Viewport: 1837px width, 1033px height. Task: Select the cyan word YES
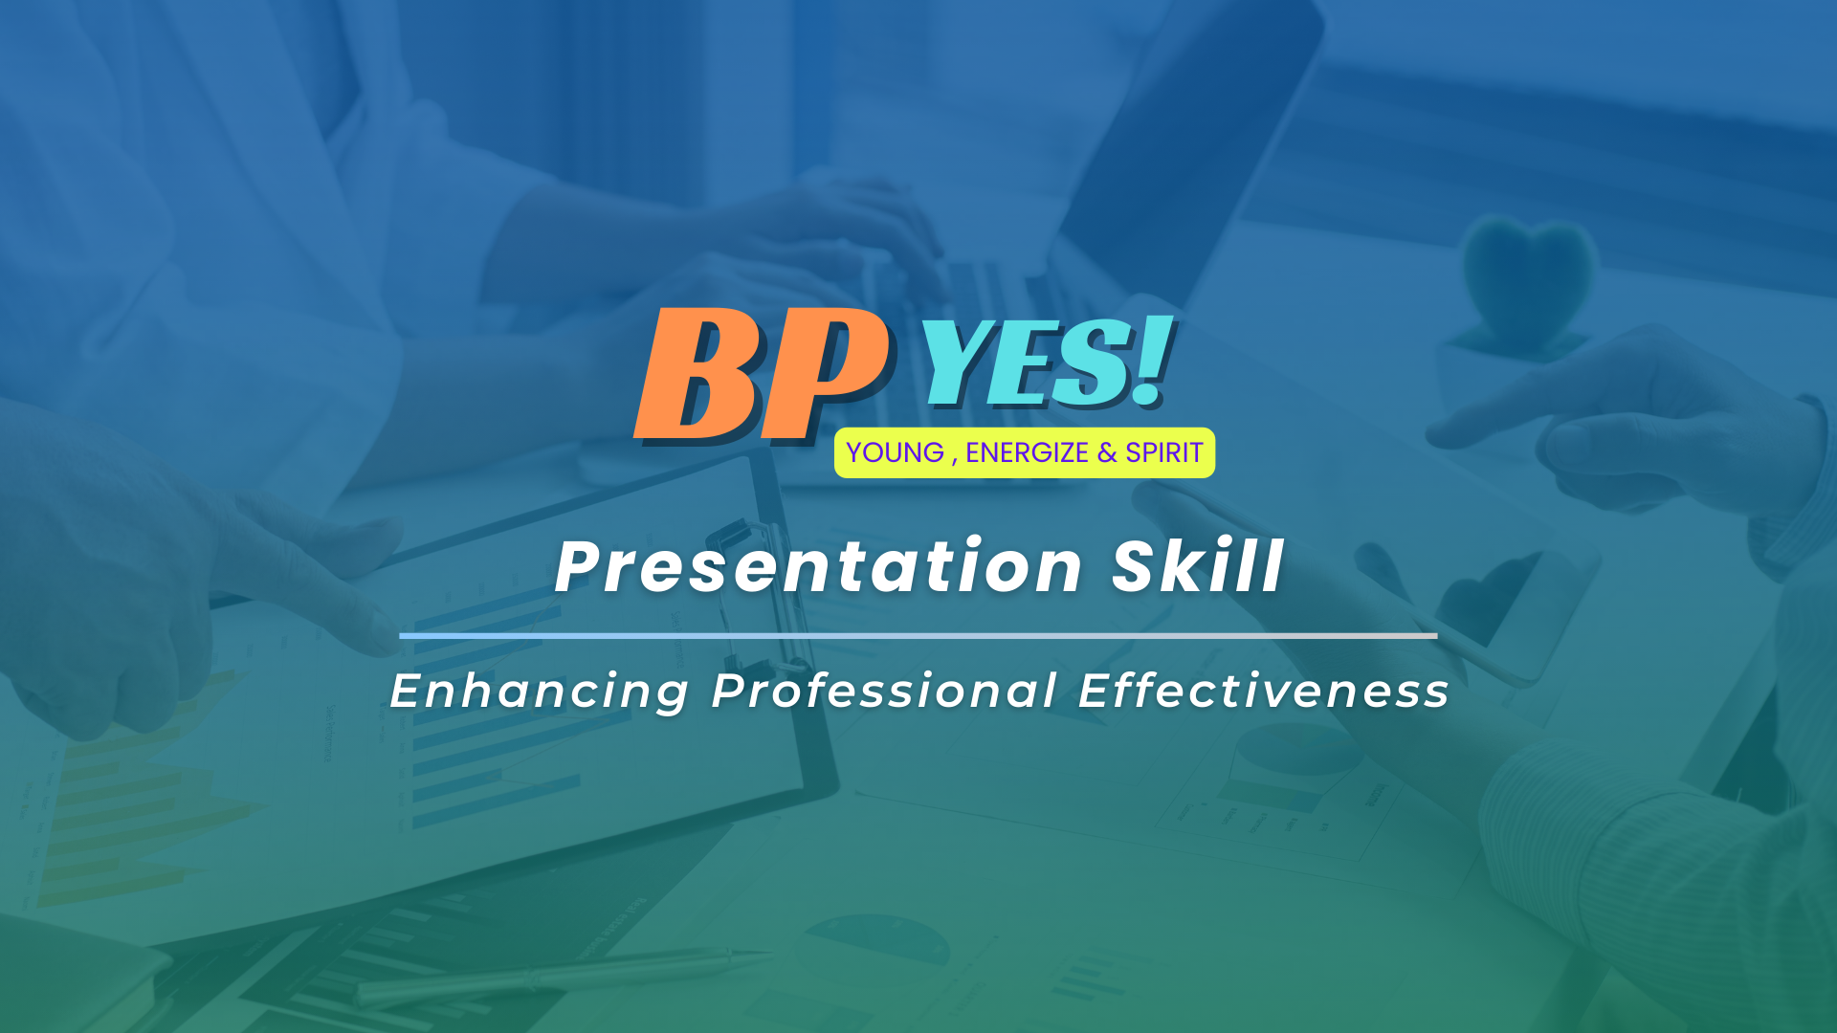pos(1024,362)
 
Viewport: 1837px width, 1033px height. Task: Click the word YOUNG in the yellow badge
pos(895,452)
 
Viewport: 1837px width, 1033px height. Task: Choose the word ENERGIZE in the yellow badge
pos(1027,452)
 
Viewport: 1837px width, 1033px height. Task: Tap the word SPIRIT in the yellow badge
pos(1163,452)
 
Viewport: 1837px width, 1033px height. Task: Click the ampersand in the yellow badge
pos(1107,452)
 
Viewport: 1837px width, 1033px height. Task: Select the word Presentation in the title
pos(819,566)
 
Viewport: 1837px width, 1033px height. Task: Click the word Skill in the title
pos(1197,565)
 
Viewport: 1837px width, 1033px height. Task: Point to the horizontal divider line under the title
pos(918,635)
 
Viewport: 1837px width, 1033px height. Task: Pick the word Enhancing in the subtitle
pos(539,692)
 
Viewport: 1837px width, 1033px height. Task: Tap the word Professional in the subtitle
pos(884,691)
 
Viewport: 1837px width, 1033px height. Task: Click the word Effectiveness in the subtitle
pos(1264,691)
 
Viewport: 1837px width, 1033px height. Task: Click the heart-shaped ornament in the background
pos(1528,277)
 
